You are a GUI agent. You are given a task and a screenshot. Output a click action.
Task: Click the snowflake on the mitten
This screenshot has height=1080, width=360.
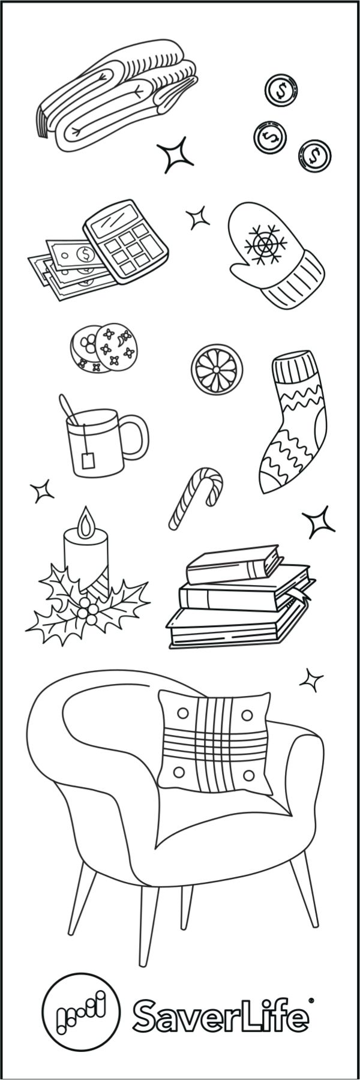[263, 245]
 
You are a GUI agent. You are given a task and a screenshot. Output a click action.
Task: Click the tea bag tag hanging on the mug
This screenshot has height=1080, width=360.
[88, 461]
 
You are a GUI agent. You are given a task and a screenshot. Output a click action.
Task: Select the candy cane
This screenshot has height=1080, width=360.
[195, 498]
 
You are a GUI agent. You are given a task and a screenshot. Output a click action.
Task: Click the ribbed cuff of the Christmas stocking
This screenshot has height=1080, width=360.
[295, 369]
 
